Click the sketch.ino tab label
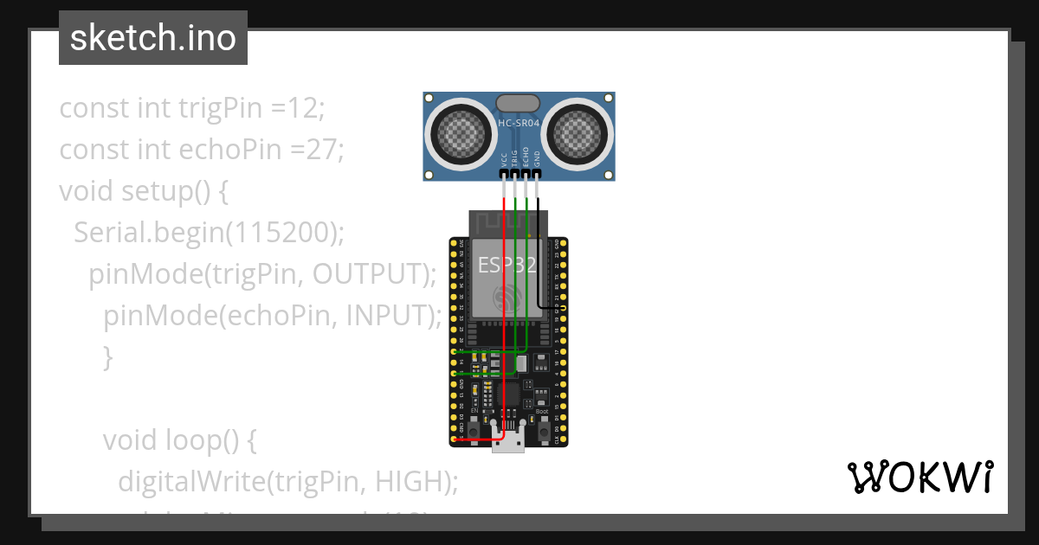[x=153, y=38]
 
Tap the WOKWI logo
[x=920, y=477]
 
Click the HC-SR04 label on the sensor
[x=519, y=124]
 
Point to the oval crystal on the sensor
[x=519, y=103]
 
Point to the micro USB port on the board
[x=508, y=441]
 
